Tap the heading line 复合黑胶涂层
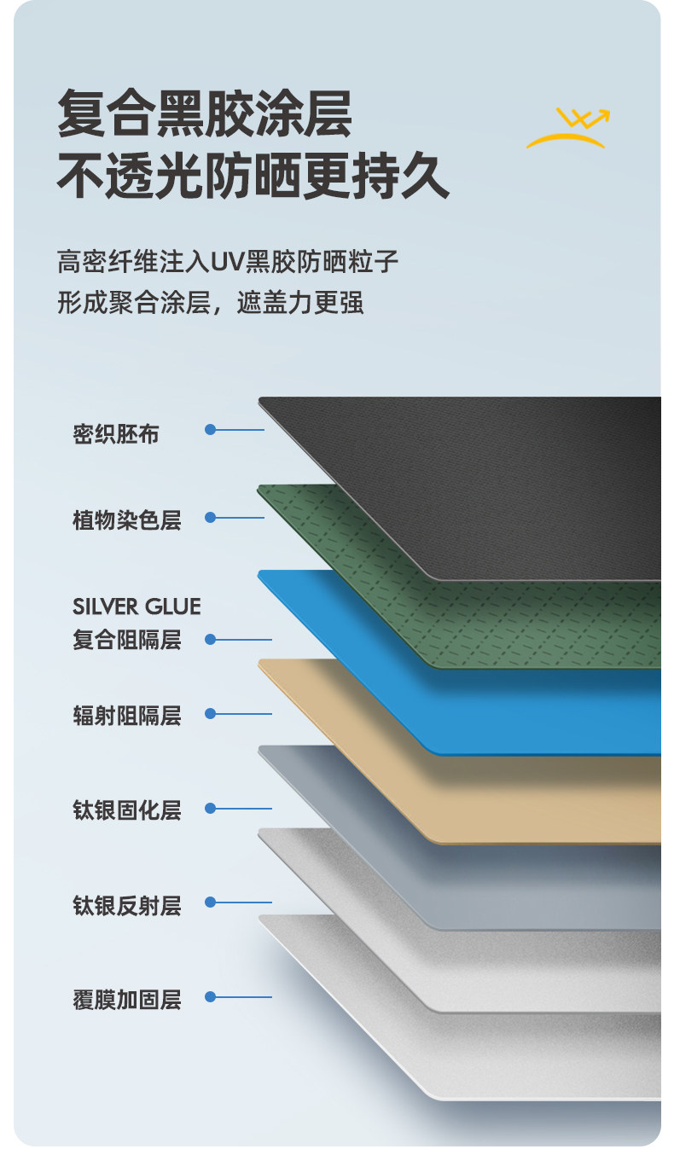tap(205, 114)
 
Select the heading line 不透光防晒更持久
tap(253, 177)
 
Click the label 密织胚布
tap(116, 434)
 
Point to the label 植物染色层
tap(127, 519)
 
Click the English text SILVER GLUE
tap(137, 607)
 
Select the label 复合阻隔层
tap(127, 640)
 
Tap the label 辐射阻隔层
tap(127, 715)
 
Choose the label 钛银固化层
tap(127, 810)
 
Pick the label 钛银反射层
tap(127, 904)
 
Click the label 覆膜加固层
tap(127, 999)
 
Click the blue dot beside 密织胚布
tap(210, 429)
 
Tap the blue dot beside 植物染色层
tap(210, 517)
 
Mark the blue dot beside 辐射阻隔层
tap(210, 714)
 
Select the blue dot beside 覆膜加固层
tap(210, 996)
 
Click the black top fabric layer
tap(512, 478)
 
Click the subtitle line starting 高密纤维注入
tap(228, 260)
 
